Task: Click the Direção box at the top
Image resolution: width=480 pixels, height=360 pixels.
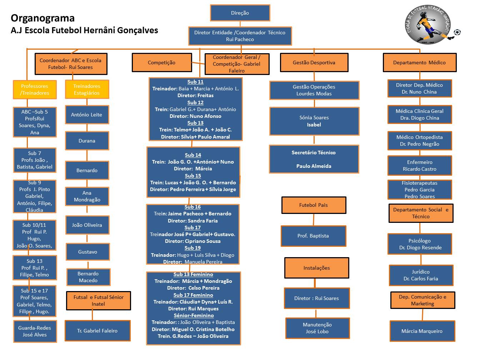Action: coord(240,13)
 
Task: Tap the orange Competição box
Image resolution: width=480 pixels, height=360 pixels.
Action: coord(161,62)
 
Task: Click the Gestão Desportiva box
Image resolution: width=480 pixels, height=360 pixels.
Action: coord(314,62)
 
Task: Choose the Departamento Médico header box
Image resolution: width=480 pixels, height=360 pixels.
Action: coord(419,62)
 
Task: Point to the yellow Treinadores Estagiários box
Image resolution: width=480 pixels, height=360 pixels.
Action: coord(87,89)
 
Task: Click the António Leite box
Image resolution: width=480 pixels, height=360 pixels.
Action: coord(87,115)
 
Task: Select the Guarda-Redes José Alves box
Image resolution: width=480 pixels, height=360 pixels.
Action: coord(35,331)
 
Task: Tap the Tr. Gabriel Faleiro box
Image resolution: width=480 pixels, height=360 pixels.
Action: coord(97,331)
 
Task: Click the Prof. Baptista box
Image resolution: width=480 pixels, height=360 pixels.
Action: coord(313,236)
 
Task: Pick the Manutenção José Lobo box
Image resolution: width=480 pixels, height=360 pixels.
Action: coord(317,328)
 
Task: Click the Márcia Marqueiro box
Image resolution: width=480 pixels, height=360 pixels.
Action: coord(422,331)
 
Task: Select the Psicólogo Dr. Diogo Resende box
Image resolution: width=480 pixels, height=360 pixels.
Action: coord(420,244)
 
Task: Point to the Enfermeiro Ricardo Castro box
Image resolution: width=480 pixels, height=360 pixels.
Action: coord(420,165)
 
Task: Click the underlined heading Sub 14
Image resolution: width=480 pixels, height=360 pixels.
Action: coord(193,155)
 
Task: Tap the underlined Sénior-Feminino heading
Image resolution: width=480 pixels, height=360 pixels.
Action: coord(194,315)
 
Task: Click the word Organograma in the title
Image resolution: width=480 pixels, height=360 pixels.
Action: coord(42,18)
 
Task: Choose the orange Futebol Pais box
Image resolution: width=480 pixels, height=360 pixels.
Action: coord(313,205)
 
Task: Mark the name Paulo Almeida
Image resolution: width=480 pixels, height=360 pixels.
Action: coord(314,166)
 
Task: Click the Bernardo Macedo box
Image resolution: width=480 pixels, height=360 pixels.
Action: coord(88,277)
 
